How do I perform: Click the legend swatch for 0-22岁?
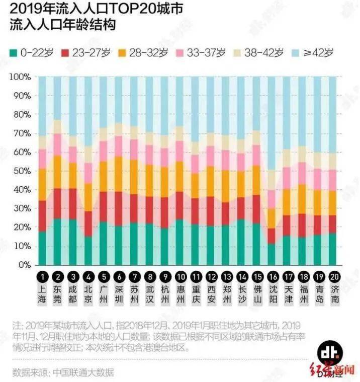(x=14, y=51)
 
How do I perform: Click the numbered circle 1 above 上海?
(x=42, y=277)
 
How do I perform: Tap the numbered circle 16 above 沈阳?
(x=272, y=277)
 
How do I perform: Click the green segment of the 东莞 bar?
(x=57, y=242)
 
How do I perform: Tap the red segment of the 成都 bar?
(x=73, y=204)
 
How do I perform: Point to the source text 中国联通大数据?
(x=83, y=372)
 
